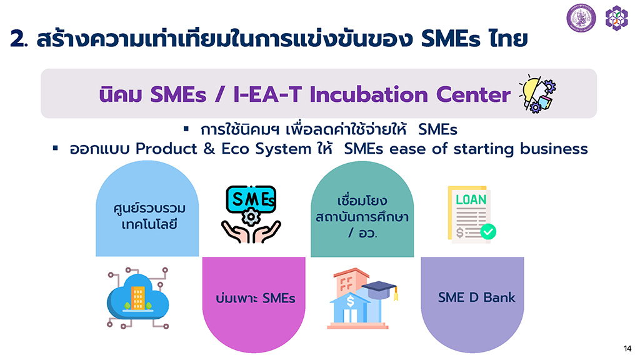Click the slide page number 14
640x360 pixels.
pyautogui.click(x=627, y=349)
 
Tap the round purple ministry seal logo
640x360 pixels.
pyautogui.click(x=581, y=18)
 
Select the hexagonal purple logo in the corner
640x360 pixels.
pyautogui.click(x=616, y=18)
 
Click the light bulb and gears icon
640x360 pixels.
pyautogui.click(x=537, y=94)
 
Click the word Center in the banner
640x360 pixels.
pyautogui.click(x=474, y=95)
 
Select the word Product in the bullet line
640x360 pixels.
pyautogui.click(x=166, y=149)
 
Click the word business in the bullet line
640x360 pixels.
pyautogui.click(x=554, y=149)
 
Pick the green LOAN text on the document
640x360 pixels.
pyautogui.click(x=471, y=199)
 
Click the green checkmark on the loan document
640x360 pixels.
pyautogui.click(x=488, y=232)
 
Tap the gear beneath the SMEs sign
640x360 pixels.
pyautogui.click(x=251, y=217)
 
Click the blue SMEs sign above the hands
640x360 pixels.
pyautogui.click(x=251, y=199)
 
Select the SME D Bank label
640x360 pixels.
pyautogui.click(x=476, y=297)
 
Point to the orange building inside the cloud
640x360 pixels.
pyautogui.click(x=137, y=297)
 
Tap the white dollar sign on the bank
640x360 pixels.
pyautogui.click(x=350, y=301)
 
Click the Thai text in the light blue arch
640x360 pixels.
pyautogui.click(x=149, y=216)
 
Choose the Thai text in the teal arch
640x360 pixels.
pyautogui.click(x=362, y=216)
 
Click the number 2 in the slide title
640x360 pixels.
pyautogui.click(x=17, y=39)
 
